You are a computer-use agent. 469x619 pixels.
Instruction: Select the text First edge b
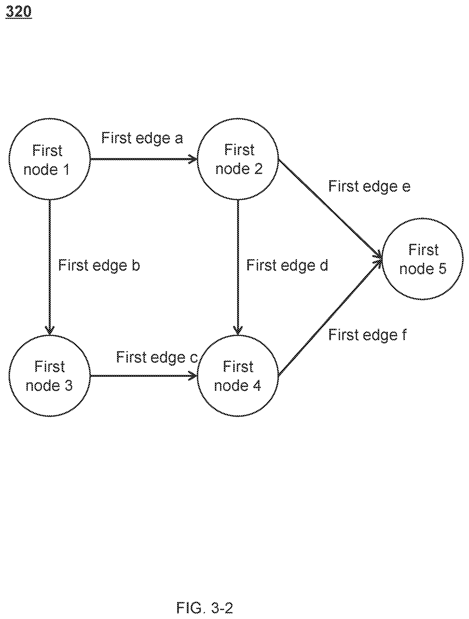click(x=99, y=265)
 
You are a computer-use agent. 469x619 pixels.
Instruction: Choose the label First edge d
click(x=287, y=265)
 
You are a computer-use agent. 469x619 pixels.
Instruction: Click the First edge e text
click(x=369, y=186)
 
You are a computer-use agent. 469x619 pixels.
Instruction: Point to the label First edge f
click(x=367, y=335)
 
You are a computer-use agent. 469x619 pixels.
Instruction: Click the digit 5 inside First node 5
click(x=442, y=269)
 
